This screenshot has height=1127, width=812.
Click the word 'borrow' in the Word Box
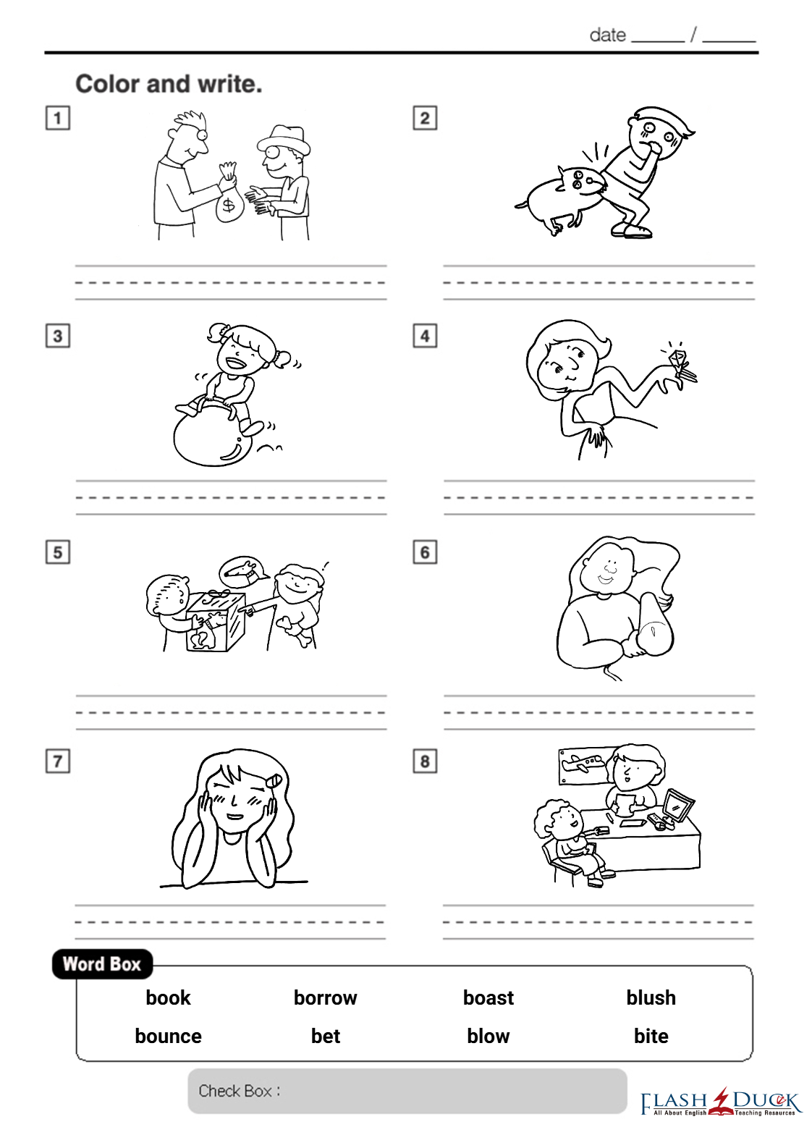[x=325, y=997]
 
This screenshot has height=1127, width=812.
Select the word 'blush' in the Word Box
[x=651, y=997]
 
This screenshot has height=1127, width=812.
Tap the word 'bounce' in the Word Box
[x=168, y=1037]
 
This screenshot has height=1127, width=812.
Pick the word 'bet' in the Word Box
[x=326, y=1037]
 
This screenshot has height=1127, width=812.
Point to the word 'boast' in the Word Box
[x=488, y=997]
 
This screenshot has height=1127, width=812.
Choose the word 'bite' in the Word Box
[x=651, y=1037]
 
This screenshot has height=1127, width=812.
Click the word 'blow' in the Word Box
[x=488, y=1037]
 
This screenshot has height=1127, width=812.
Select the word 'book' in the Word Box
[x=168, y=997]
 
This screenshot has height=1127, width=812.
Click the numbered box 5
[x=57, y=552]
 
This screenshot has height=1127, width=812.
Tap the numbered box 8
[x=425, y=761]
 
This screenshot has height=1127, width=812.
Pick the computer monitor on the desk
[x=677, y=808]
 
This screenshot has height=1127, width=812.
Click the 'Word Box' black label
[x=102, y=964]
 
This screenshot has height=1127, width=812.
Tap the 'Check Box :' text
[x=239, y=1091]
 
